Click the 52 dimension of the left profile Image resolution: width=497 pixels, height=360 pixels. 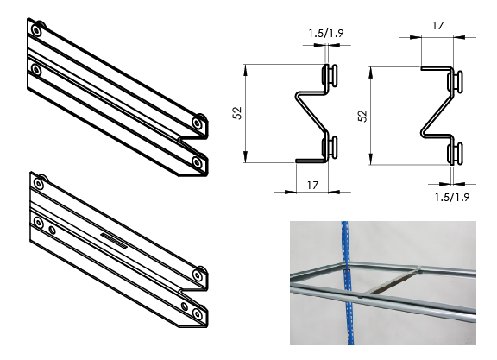pos(236,112)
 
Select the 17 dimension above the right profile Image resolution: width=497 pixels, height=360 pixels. pos(437,27)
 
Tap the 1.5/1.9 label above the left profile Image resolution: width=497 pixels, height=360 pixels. pos(325,35)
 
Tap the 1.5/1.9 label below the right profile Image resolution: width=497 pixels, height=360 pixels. pos(451,197)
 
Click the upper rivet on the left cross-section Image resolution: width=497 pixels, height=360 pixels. pos(329,76)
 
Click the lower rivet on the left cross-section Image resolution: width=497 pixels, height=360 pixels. pos(329,148)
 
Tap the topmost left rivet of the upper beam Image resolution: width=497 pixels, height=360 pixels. pos(35,30)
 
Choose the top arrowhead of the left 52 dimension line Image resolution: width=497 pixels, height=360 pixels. pos(247,67)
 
